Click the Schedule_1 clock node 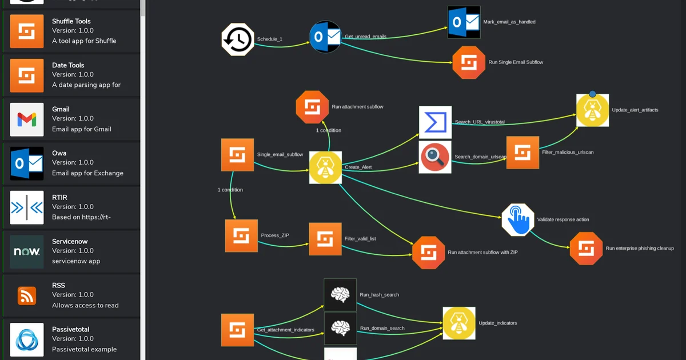(238, 39)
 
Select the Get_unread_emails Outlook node (325, 37)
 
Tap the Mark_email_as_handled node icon (464, 22)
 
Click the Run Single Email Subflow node (469, 62)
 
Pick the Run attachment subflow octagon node (312, 107)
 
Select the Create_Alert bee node (325, 167)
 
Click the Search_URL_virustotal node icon (435, 122)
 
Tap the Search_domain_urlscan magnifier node (435, 157)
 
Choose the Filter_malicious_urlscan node (523, 153)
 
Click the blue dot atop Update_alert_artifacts (593, 94)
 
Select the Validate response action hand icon (518, 220)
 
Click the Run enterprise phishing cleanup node (586, 249)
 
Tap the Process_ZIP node (241, 235)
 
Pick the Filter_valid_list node (325, 239)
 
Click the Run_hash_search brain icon (340, 295)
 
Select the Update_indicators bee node (459, 323)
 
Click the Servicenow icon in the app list (27, 251)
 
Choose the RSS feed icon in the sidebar (27, 296)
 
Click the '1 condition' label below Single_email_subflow (230, 190)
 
